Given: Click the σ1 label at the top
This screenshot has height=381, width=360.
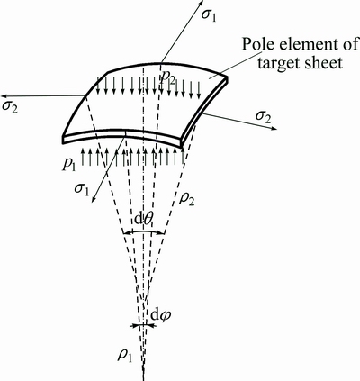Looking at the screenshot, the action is (x=209, y=15).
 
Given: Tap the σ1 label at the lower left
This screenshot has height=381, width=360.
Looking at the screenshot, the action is (x=82, y=190).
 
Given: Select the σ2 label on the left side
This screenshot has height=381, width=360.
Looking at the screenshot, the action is (x=10, y=106).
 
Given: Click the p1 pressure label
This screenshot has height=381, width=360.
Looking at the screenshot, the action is (x=69, y=164).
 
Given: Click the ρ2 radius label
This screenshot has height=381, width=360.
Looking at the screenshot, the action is (x=186, y=198).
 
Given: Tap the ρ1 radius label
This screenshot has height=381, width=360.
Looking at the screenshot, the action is (x=125, y=355).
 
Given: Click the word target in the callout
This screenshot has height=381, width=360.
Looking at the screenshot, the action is (x=273, y=63).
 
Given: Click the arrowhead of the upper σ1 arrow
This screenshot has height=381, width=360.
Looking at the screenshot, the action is (x=201, y=3).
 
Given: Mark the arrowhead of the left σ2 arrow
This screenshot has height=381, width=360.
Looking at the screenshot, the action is (x=4, y=96).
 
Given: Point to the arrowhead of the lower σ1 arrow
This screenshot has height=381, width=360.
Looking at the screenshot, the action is (x=93, y=200).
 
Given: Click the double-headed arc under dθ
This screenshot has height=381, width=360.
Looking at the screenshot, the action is (x=144, y=231).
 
